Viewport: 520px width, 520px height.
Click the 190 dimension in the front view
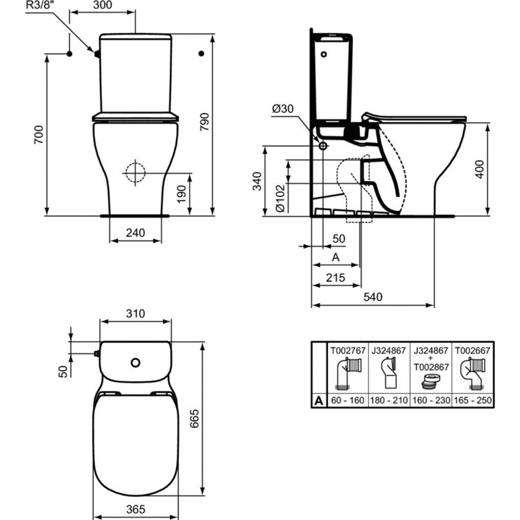181,192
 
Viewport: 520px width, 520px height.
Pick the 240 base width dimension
137,233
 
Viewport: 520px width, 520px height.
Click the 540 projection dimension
373,297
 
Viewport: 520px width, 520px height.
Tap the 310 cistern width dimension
136,313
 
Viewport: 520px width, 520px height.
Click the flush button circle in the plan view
136,362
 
